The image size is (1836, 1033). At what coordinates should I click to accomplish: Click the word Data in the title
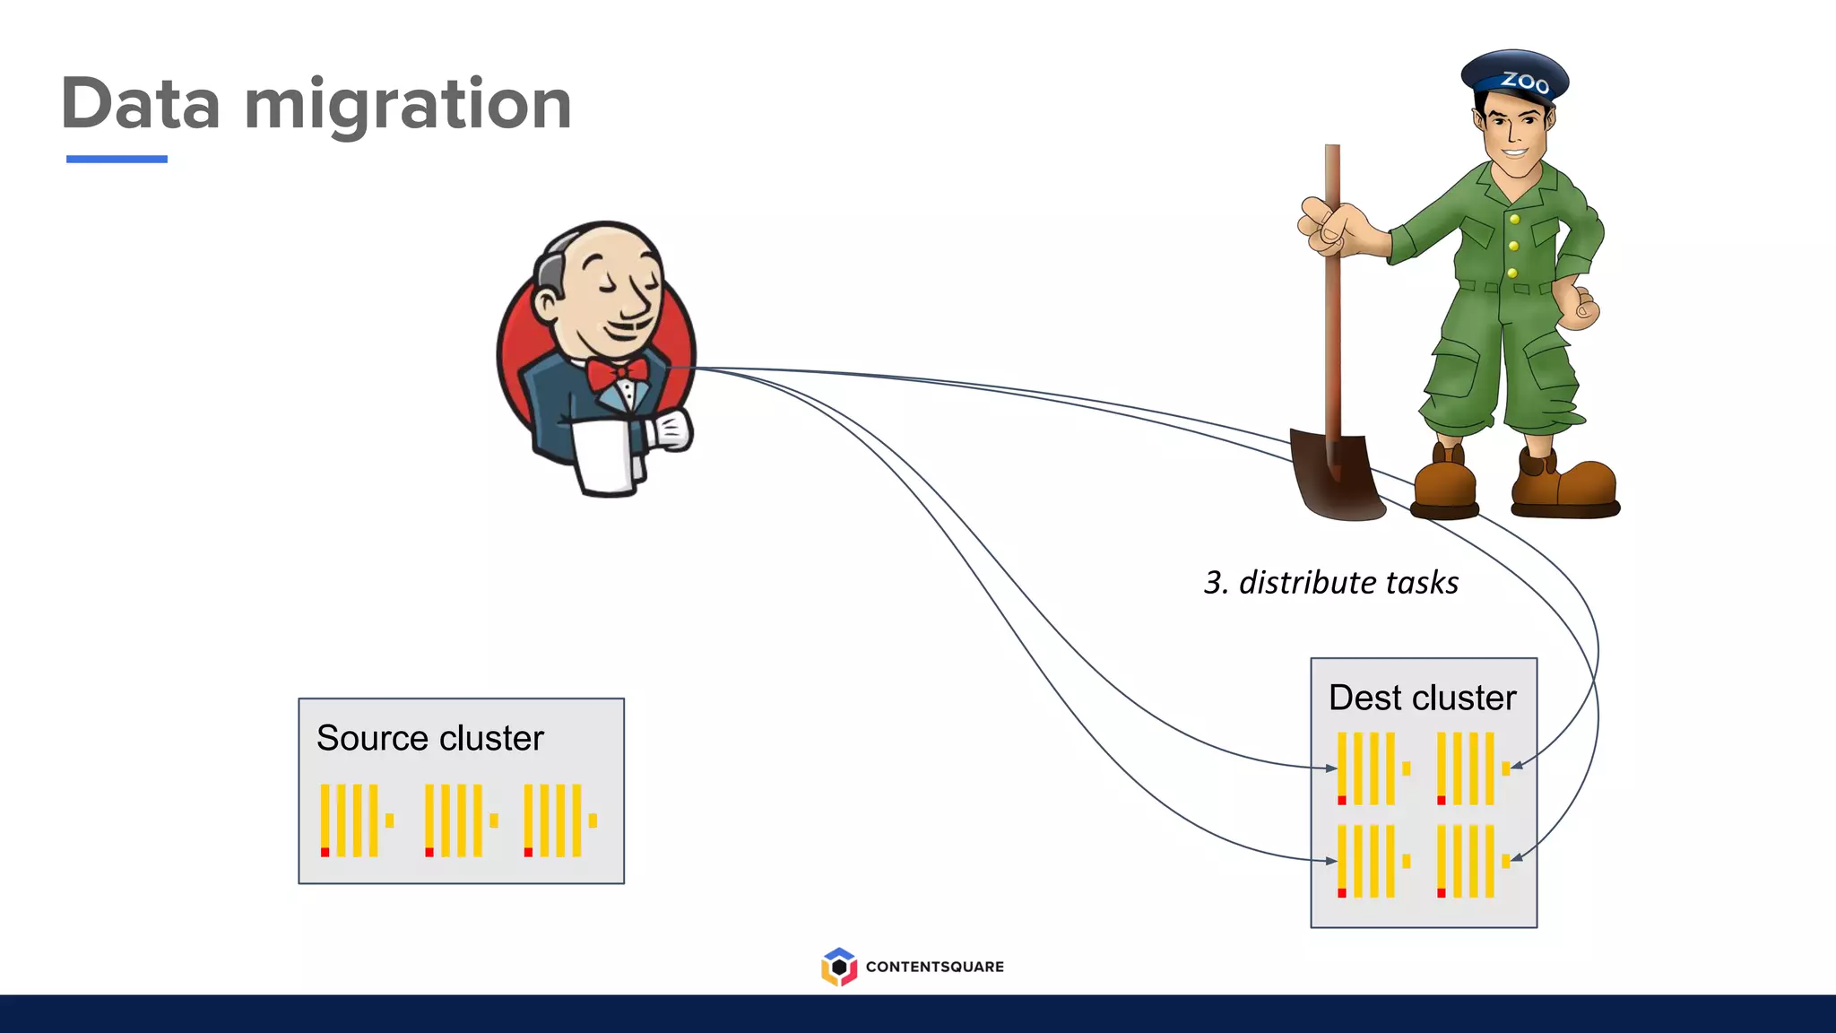pos(141,105)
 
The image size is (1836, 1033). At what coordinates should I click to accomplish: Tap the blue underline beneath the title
pos(117,159)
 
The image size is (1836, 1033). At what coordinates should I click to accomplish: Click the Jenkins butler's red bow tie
pos(617,373)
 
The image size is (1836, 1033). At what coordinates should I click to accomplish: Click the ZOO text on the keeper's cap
pos(1525,82)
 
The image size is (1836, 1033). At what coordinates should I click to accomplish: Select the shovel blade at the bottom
pos(1336,475)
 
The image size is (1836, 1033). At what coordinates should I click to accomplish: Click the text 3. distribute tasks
pos(1331,583)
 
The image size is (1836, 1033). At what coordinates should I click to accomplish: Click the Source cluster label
pos(430,739)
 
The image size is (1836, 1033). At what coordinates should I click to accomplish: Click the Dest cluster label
pos(1422,698)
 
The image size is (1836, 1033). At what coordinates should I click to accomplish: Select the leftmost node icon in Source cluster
pos(356,820)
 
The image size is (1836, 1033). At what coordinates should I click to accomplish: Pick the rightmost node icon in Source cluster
pos(559,820)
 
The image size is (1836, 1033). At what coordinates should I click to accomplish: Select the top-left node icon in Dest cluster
pos(1372,768)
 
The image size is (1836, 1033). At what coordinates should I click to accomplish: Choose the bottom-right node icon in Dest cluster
pos(1471,861)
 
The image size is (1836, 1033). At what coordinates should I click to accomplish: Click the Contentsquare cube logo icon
pos(838,967)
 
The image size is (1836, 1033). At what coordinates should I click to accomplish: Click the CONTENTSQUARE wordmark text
pos(934,967)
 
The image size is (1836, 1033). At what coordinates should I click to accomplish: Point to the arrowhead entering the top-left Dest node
pos(1332,768)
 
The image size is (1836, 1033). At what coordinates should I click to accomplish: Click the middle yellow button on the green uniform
pos(1513,246)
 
